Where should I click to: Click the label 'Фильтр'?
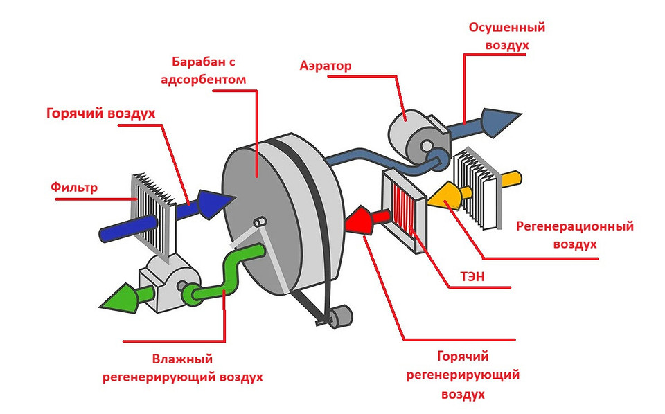(x=74, y=187)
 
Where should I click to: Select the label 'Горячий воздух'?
(x=100, y=113)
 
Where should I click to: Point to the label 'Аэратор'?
(x=326, y=66)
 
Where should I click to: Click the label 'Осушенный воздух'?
(x=507, y=36)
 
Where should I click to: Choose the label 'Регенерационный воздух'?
(x=575, y=235)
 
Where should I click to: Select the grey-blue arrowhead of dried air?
(x=499, y=119)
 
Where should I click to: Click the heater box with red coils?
(x=405, y=208)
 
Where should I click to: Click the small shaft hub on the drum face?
(x=260, y=223)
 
